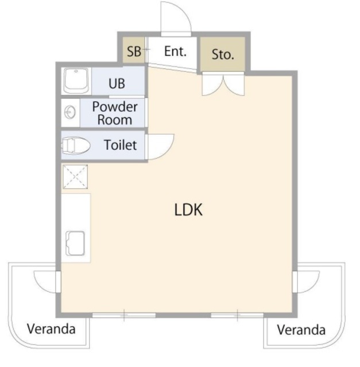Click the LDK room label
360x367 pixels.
[188, 210]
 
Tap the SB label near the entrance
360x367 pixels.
[134, 51]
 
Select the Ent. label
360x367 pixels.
[175, 51]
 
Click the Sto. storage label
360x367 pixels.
[223, 54]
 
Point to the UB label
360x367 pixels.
[117, 83]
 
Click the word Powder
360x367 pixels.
[115, 107]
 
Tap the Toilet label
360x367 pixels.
[120, 145]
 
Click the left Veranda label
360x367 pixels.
[51, 329]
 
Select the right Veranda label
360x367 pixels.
[301, 330]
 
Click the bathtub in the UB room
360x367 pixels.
[76, 81]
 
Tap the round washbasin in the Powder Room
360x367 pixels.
[70, 112]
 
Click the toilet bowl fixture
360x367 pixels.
[75, 146]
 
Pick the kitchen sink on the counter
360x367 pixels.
[75, 243]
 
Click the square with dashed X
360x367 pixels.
[75, 177]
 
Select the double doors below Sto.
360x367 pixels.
[223, 84]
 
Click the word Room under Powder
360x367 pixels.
[115, 120]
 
